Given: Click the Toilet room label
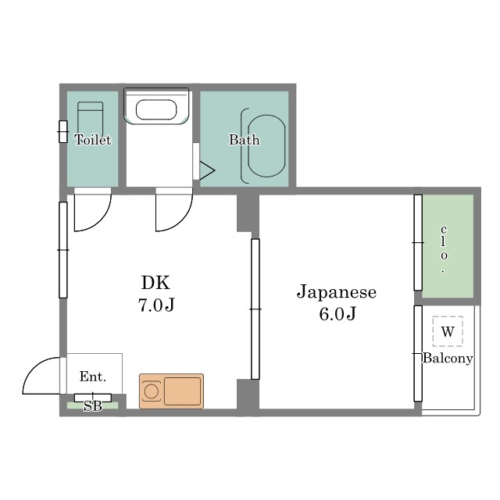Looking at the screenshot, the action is (93, 140).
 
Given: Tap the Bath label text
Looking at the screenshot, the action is (245, 140).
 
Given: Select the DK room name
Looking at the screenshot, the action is (155, 282).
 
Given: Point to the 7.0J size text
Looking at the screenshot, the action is (156, 305).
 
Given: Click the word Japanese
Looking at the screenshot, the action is (337, 292).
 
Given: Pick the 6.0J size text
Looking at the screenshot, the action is (337, 314).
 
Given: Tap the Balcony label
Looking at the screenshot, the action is (448, 359).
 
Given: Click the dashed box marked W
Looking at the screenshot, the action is (448, 331).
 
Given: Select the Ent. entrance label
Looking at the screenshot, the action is (92, 377).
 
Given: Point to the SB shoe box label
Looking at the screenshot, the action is (93, 406).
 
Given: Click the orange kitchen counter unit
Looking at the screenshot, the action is (171, 391).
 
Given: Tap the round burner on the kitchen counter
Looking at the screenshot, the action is (151, 391).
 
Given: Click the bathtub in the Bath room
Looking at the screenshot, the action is (266, 146).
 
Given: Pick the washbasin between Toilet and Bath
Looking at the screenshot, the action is (156, 106).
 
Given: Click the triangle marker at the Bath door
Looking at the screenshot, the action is (207, 170).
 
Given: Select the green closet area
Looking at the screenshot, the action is (448, 246).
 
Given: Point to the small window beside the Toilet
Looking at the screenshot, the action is (63, 132).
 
